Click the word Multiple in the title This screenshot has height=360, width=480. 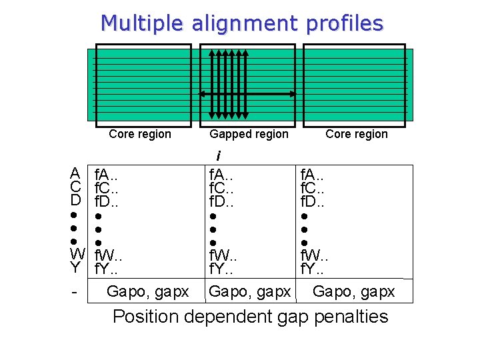(x=142, y=23)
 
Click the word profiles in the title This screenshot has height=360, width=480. (x=344, y=23)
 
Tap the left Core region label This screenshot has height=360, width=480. (x=139, y=134)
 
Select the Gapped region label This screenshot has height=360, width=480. (x=249, y=134)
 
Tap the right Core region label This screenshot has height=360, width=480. (x=356, y=134)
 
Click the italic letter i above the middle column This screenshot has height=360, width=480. (x=218, y=156)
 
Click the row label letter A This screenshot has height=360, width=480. (x=75, y=173)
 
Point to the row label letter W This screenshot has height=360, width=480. (x=77, y=253)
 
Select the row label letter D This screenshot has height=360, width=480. (x=75, y=199)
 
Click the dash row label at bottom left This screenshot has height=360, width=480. (x=75, y=292)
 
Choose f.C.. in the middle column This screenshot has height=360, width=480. (x=225, y=188)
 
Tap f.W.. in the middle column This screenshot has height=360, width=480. (x=227, y=255)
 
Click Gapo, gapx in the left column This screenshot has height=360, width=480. (x=147, y=291)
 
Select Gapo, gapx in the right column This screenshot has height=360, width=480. (x=353, y=291)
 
